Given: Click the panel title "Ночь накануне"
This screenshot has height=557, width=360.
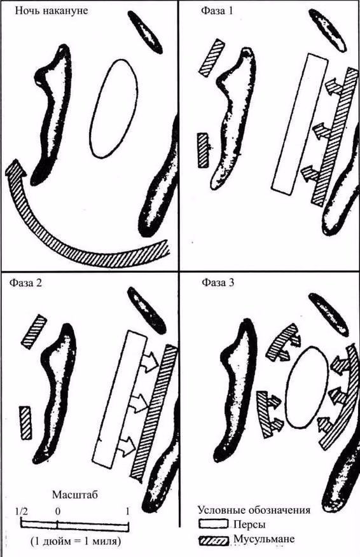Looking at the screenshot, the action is coord(51,11).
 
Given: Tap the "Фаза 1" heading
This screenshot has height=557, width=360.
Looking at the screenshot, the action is coord(217,11).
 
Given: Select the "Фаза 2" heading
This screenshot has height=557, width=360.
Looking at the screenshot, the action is coord(25,283).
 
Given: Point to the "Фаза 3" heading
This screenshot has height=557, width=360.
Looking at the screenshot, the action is coord(218,283).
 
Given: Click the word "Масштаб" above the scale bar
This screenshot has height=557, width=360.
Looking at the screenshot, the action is coord(74,495).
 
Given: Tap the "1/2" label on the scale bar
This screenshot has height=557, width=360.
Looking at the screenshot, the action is coord(22,511).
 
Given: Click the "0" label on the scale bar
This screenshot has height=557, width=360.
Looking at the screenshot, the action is coord(58,511).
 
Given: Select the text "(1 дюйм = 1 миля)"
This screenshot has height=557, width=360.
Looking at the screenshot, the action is coord(75,542).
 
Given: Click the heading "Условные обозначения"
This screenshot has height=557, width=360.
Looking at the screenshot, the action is coord(254,511).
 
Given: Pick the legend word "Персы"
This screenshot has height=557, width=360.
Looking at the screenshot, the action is coord(249,525).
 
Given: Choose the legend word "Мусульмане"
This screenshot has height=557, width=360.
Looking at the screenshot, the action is coord(264,539).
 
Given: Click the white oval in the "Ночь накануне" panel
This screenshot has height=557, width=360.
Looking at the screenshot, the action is coord(114,108).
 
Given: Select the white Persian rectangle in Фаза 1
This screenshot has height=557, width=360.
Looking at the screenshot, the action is coord(300,124).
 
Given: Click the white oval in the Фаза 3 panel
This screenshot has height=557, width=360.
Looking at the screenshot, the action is coord(307,388).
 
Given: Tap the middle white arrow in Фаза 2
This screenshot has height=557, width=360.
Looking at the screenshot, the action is coord(138,403).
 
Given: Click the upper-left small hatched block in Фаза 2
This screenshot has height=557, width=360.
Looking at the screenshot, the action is coord(34,332).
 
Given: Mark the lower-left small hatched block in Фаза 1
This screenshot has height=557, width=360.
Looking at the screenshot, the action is coord(204,150).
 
